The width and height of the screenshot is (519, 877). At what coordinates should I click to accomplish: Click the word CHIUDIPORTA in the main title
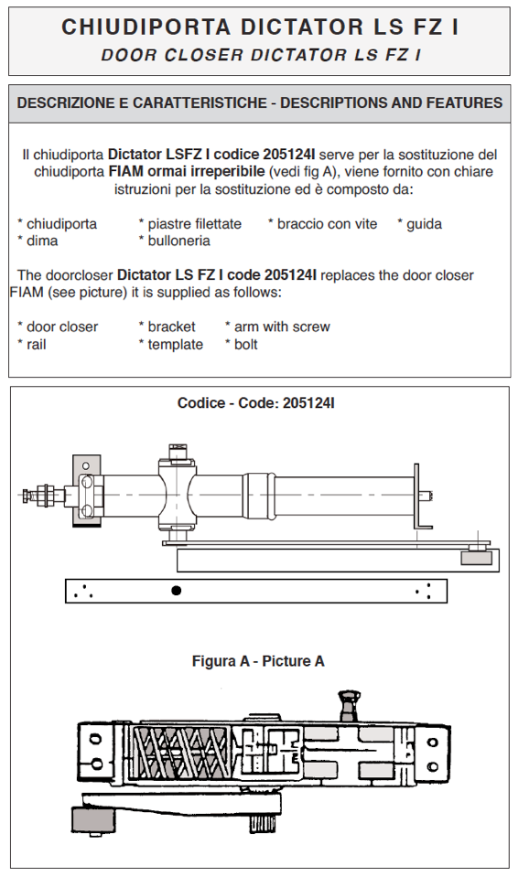(x=146, y=27)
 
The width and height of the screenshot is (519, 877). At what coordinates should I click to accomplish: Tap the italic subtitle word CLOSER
(x=204, y=55)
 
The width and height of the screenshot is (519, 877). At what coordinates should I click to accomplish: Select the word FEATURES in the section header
(x=465, y=103)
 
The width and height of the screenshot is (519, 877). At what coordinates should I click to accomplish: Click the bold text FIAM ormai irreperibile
(x=187, y=171)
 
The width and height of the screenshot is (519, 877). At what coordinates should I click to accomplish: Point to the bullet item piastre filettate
(x=194, y=224)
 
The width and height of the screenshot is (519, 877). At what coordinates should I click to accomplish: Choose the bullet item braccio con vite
(x=327, y=224)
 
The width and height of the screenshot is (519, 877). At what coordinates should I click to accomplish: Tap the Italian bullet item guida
(x=425, y=224)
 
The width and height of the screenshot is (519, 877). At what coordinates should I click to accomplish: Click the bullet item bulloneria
(x=179, y=241)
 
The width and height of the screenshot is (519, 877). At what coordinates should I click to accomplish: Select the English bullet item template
(x=175, y=345)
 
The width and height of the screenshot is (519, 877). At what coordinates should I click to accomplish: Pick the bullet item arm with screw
(x=282, y=326)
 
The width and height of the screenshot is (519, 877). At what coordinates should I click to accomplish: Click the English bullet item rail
(x=37, y=345)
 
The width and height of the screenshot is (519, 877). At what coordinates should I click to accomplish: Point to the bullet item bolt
(x=246, y=345)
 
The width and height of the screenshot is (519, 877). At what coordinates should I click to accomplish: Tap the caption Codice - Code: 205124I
(x=256, y=402)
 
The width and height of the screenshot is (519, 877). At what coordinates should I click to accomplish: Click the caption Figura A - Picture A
(x=258, y=661)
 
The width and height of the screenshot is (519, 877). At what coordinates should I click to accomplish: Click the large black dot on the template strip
(x=177, y=590)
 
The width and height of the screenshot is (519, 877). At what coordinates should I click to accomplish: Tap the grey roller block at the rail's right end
(x=477, y=558)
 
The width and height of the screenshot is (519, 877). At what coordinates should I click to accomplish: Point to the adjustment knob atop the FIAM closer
(x=349, y=705)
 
